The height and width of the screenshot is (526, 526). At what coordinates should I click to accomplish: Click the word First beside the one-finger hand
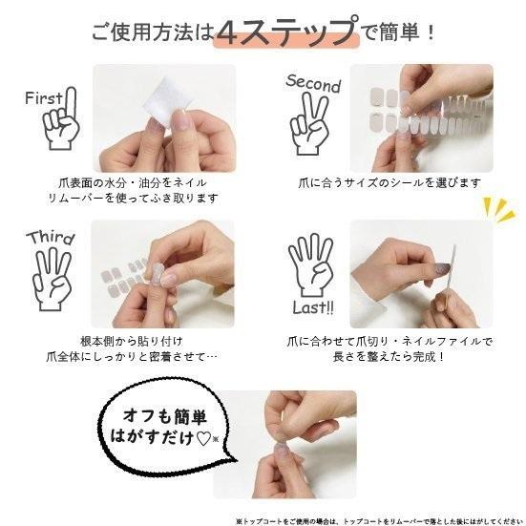pos(45,98)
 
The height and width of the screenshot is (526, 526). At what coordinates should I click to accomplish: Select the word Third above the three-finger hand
pos(50,238)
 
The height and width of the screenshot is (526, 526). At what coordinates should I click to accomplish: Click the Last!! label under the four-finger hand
pos(313,308)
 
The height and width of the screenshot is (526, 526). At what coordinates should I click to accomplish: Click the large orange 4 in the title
pos(228,33)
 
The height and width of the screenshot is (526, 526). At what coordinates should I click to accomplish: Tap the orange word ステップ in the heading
pos(291,33)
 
